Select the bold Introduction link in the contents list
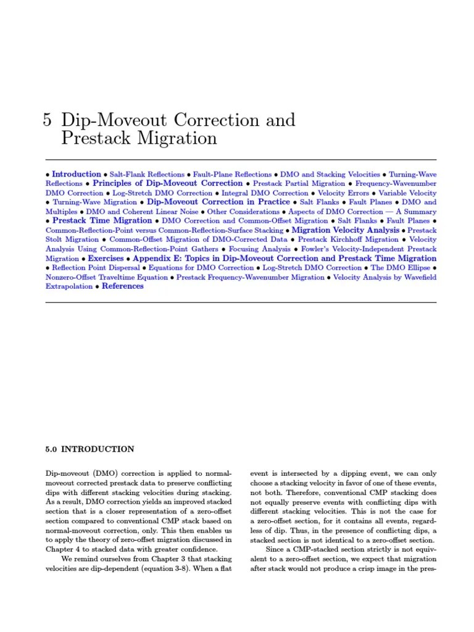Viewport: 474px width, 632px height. tap(77, 175)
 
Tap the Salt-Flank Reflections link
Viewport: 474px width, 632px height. tap(147, 175)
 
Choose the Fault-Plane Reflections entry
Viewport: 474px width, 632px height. tap(232, 175)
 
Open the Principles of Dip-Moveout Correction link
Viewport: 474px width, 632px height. tap(167, 183)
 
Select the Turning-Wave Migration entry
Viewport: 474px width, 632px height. tap(94, 202)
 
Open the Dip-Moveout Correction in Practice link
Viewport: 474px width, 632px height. tap(218, 202)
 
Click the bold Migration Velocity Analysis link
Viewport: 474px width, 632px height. tap(346, 230)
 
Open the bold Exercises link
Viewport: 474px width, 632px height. tap(106, 258)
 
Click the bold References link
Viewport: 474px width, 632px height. tap(123, 286)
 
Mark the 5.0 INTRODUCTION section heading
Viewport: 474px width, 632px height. tap(90, 449)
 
